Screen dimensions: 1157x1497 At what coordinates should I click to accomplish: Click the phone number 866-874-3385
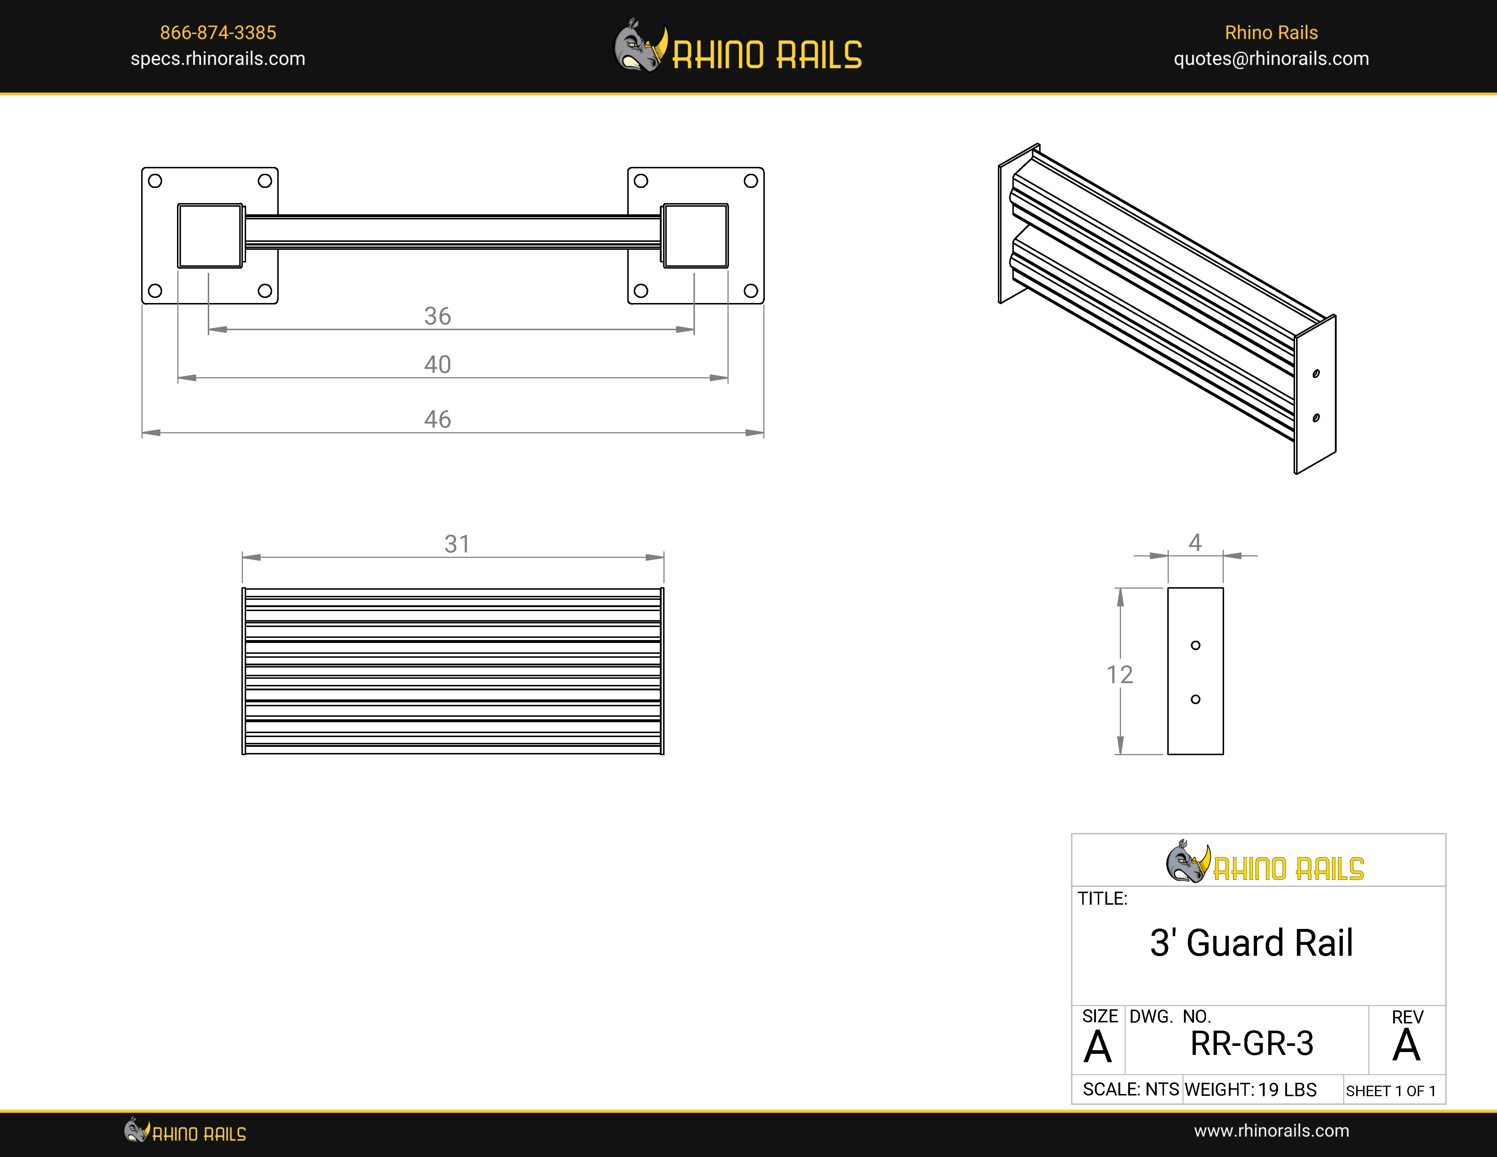point(218,32)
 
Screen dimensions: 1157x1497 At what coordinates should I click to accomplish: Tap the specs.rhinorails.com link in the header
point(218,59)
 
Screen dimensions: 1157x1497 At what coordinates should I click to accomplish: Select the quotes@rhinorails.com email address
point(1271,59)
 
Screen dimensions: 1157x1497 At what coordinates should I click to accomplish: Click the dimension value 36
point(437,316)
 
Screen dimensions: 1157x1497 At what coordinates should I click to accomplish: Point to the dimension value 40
point(437,364)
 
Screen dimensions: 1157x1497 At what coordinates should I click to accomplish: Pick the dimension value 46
point(437,419)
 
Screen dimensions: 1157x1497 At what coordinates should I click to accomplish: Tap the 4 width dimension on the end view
point(1195,542)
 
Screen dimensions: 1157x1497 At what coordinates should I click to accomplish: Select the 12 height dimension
point(1119,674)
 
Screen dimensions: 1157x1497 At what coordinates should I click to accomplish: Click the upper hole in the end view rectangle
point(1196,645)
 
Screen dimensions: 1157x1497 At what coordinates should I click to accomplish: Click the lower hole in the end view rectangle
point(1196,699)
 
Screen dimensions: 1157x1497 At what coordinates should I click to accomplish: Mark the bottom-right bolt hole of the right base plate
point(751,291)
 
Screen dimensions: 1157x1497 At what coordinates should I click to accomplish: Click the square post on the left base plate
point(210,235)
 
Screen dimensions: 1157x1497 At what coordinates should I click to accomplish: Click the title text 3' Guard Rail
point(1251,943)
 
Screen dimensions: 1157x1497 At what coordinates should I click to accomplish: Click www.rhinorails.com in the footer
point(1271,1131)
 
